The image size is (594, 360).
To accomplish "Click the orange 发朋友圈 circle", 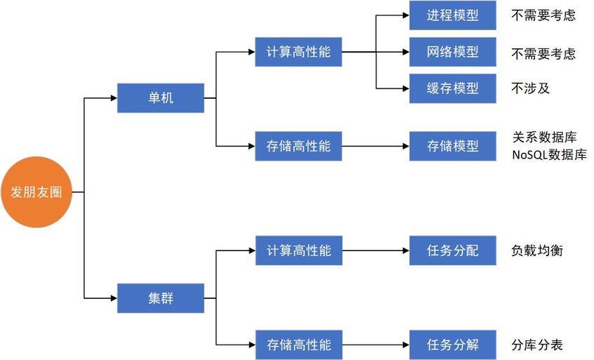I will click(37, 192).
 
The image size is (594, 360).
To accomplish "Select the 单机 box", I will click(160, 98).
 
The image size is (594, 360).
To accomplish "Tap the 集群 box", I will click(160, 298).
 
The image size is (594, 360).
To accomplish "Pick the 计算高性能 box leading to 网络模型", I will click(298, 52).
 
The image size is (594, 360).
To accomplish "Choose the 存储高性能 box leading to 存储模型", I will click(298, 146).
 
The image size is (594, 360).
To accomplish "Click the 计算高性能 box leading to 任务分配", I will click(298, 251).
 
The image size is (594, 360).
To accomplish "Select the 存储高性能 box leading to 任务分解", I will click(298, 345).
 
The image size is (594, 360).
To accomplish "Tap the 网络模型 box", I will click(452, 52).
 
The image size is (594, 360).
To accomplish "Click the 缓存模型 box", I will click(452, 88).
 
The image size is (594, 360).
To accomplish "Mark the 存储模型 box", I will click(452, 146).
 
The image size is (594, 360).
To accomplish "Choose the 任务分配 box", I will click(452, 251).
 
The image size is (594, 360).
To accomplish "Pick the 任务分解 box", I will click(452, 345).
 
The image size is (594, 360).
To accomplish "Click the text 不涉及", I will click(531, 88).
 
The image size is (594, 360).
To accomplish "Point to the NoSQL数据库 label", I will click(549, 155).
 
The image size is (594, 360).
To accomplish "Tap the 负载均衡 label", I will click(537, 251).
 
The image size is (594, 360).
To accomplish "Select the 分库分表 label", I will click(537, 345).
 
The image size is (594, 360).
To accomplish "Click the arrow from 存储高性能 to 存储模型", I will click(376, 146).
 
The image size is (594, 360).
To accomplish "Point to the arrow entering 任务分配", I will click(376, 251).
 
